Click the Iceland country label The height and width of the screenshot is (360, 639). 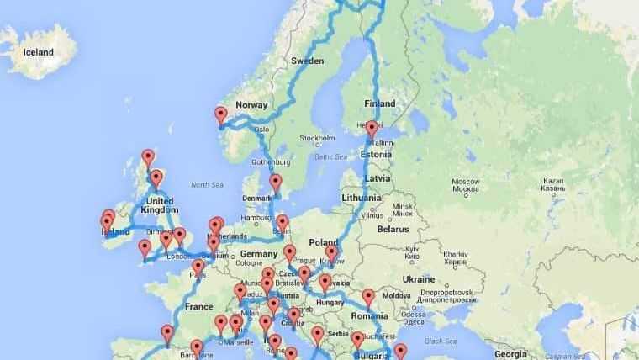click(39, 52)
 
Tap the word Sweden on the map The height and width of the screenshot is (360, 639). click(307, 61)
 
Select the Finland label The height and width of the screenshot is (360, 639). click(379, 103)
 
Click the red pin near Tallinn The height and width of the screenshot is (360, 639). click(372, 129)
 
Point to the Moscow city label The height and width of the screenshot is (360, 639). click(465, 182)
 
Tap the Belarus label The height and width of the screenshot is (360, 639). click(392, 229)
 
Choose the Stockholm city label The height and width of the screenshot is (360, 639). click(317, 139)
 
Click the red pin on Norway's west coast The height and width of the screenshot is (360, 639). click(221, 114)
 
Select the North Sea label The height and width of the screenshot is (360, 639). click(208, 184)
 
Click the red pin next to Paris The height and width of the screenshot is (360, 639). click(198, 267)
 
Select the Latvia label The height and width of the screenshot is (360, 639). click(378, 178)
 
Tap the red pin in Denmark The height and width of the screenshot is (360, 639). click(275, 182)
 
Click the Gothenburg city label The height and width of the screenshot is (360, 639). click(269, 161)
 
